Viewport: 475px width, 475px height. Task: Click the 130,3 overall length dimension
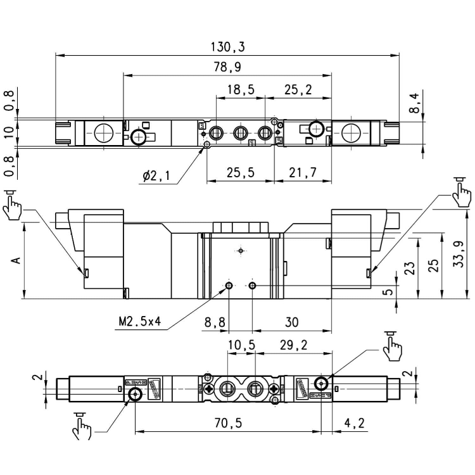pos(227,47)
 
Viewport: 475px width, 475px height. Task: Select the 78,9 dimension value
pos(227,66)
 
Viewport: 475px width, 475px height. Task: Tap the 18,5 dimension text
pos(240,90)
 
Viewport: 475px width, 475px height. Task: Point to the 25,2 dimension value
pos(298,90)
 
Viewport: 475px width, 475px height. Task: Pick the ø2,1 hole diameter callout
pos(155,177)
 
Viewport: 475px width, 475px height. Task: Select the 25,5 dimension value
pos(241,173)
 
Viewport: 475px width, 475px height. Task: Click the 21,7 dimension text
pos(302,173)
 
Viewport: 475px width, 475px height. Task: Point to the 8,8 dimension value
pos(215,322)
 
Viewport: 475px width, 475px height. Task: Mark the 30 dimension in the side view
pos(291,322)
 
